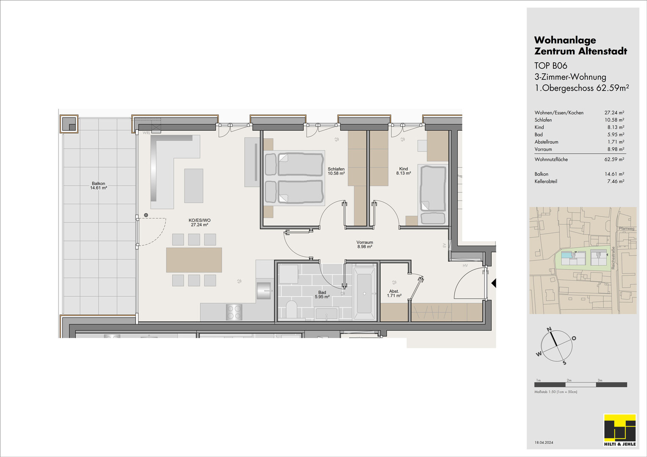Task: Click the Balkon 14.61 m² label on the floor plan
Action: [99, 185]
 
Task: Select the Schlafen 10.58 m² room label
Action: [336, 171]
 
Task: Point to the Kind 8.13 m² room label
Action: [404, 171]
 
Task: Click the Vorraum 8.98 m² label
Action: [365, 245]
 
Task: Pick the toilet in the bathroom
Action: [292, 309]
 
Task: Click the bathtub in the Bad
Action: [365, 293]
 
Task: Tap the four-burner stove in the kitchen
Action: [234, 312]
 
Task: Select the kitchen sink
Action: [264, 290]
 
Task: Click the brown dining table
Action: [194, 260]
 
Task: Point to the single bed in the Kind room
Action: [433, 195]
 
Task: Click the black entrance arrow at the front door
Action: [494, 283]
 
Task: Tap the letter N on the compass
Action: [549, 329]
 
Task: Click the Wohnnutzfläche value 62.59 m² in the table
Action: [614, 159]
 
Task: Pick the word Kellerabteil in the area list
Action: [546, 181]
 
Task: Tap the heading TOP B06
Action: [550, 66]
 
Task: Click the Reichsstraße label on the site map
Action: [613, 258]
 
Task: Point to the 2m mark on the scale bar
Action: [569, 380]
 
